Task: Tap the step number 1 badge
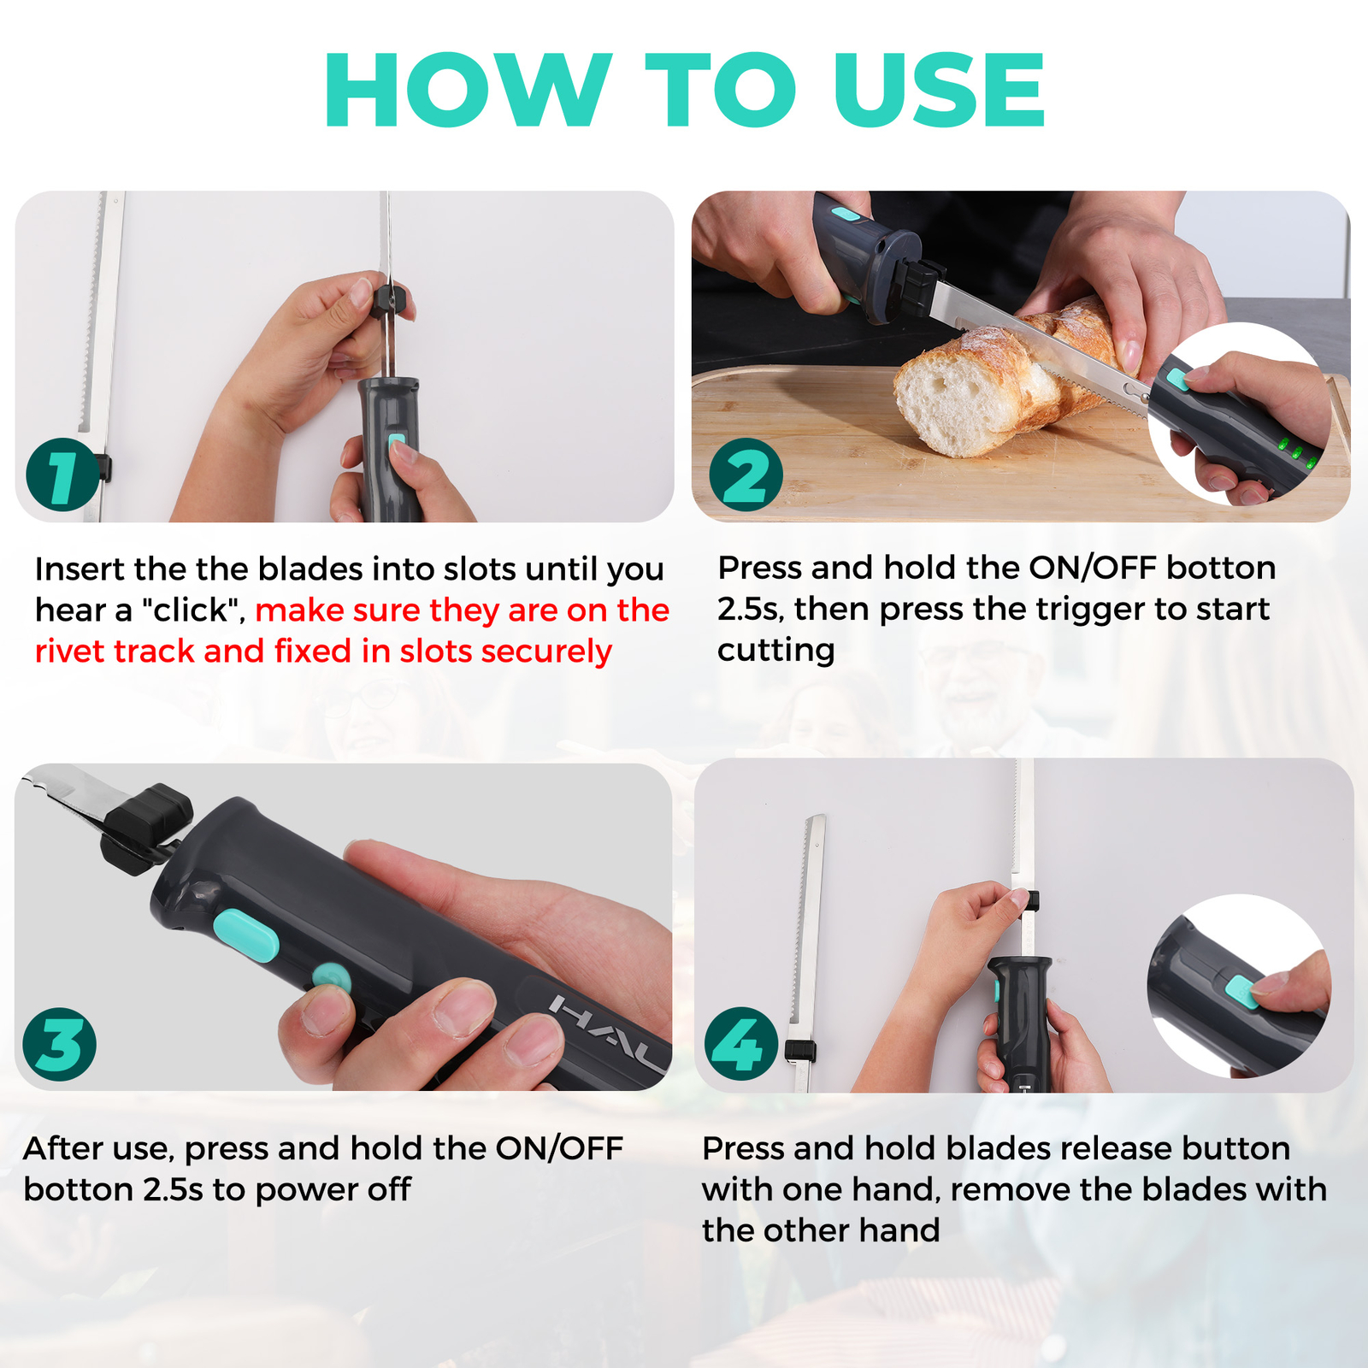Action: [62, 475]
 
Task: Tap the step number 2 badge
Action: [746, 475]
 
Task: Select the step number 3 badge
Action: [59, 1044]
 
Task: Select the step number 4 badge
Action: [740, 1044]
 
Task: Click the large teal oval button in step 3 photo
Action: [246, 935]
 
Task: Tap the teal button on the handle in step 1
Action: [396, 444]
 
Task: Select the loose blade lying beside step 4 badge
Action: [808, 940]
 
